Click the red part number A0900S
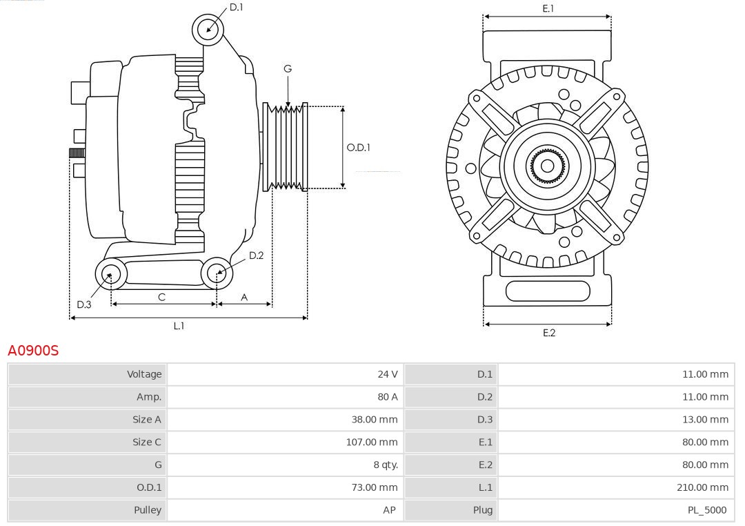click(x=33, y=351)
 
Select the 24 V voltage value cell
click(x=387, y=374)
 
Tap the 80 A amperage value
click(x=387, y=397)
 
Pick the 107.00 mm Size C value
click(x=372, y=442)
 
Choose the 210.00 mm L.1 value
click(x=702, y=487)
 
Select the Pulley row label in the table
click(x=148, y=510)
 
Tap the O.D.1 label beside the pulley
click(x=358, y=147)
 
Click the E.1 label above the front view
click(x=548, y=8)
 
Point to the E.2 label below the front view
click(x=548, y=333)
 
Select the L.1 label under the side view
click(x=179, y=326)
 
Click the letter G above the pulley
click(x=288, y=68)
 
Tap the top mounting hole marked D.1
click(x=208, y=29)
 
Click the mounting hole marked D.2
click(x=217, y=273)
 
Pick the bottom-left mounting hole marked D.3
click(x=109, y=275)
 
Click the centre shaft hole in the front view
click(x=547, y=166)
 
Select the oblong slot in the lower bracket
click(x=547, y=291)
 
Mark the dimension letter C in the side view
click(x=161, y=297)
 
